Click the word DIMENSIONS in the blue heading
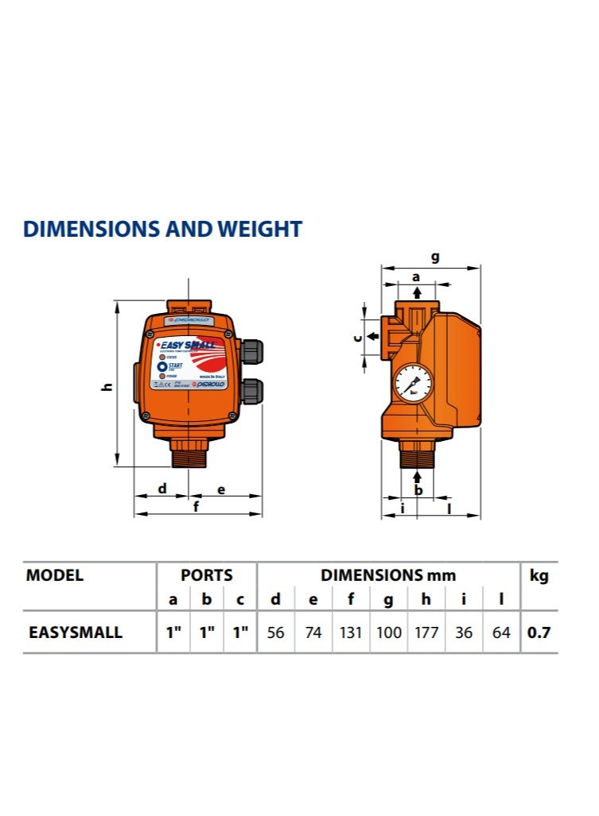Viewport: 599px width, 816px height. [x=92, y=230]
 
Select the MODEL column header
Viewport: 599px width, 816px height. [x=55, y=576]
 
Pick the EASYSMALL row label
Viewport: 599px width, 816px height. [x=76, y=633]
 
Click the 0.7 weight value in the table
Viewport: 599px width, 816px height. [x=539, y=633]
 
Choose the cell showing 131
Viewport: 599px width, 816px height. [x=350, y=633]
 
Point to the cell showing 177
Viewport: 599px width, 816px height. [x=426, y=633]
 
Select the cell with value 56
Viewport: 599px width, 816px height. [x=275, y=633]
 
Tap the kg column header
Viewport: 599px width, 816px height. [x=539, y=576]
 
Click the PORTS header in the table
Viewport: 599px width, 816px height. [x=207, y=575]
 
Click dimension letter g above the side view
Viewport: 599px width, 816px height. [x=434, y=257]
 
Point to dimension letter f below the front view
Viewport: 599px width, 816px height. [x=196, y=507]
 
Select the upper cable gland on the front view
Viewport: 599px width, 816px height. [x=252, y=350]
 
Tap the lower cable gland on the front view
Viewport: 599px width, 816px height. [x=252, y=390]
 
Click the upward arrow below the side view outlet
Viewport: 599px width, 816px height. [x=418, y=476]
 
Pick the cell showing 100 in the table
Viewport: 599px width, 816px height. [x=388, y=633]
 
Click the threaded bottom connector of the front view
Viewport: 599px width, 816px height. [x=189, y=454]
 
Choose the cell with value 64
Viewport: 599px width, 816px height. [x=501, y=633]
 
